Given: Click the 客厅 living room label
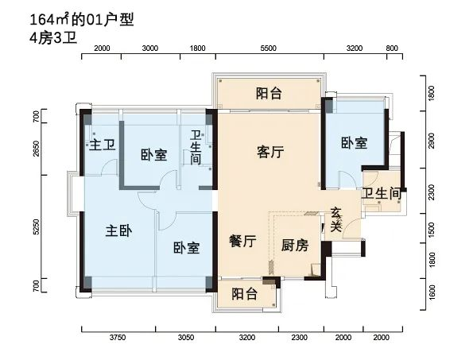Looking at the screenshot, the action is (270, 152).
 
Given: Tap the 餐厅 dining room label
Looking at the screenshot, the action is (242, 241).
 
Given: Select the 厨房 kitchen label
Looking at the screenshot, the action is (295, 245).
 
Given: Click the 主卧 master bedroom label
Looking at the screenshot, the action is (118, 231).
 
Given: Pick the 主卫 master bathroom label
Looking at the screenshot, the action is (103, 145).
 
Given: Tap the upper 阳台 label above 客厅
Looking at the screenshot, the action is (269, 93).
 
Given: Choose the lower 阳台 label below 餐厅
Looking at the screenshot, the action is (244, 293).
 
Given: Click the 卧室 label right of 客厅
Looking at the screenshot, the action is (354, 142).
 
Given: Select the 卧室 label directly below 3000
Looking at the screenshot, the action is (154, 154).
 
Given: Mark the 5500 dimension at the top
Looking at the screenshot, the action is (268, 48).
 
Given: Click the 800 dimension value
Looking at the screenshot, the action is (392, 48).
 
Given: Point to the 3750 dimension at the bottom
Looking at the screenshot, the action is (118, 338).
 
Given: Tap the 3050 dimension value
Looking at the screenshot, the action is (186, 338).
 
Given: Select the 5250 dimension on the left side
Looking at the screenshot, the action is (37, 226).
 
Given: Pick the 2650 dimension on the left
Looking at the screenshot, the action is (37, 149).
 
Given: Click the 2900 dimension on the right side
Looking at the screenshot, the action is (432, 141).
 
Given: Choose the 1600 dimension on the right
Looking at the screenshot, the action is (432, 292).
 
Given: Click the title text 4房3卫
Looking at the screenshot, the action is (53, 39).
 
